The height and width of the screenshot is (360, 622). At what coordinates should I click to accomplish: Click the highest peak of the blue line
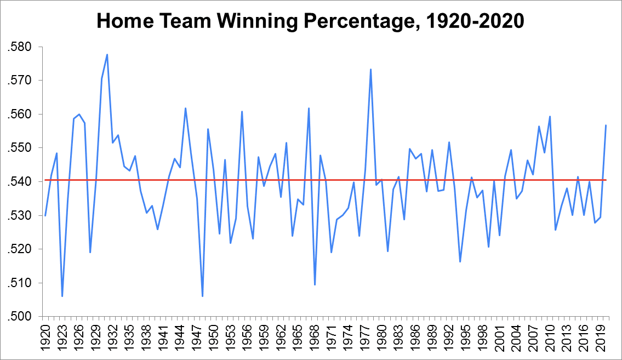tap(107, 54)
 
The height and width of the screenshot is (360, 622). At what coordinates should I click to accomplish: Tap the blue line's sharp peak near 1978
tap(370, 69)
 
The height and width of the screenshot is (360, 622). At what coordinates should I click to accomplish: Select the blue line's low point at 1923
tap(62, 296)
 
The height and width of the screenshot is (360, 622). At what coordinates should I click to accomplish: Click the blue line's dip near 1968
tap(315, 285)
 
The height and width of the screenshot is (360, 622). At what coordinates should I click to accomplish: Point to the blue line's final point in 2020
tap(606, 125)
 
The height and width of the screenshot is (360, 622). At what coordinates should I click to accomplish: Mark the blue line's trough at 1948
tap(202, 296)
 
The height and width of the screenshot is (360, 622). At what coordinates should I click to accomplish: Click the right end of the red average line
tap(606, 180)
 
